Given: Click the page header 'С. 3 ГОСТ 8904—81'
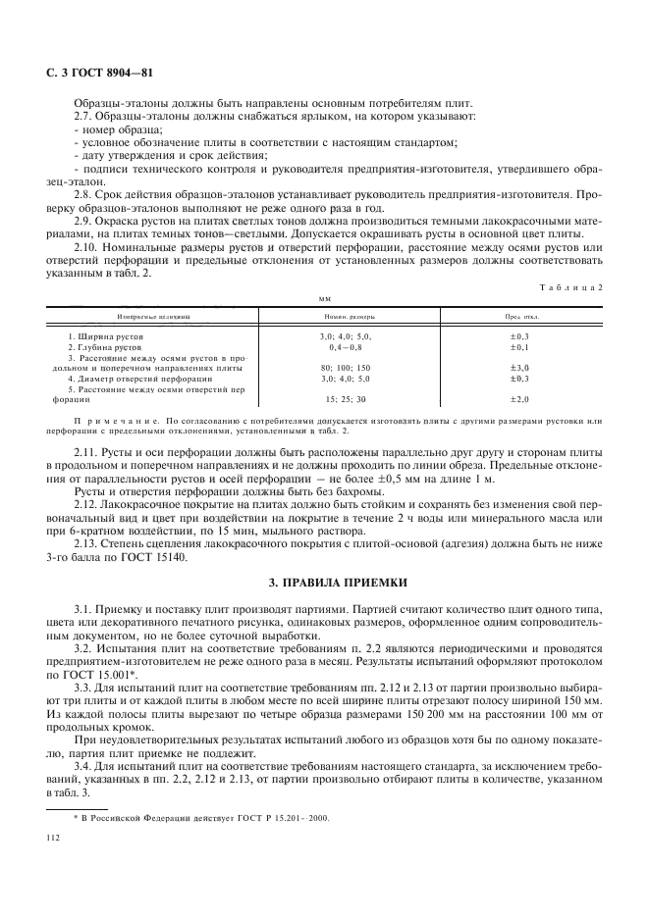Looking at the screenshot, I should (95, 74).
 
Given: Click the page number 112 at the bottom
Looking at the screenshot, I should (55, 839).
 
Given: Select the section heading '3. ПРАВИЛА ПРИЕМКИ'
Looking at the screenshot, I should (323, 584).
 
